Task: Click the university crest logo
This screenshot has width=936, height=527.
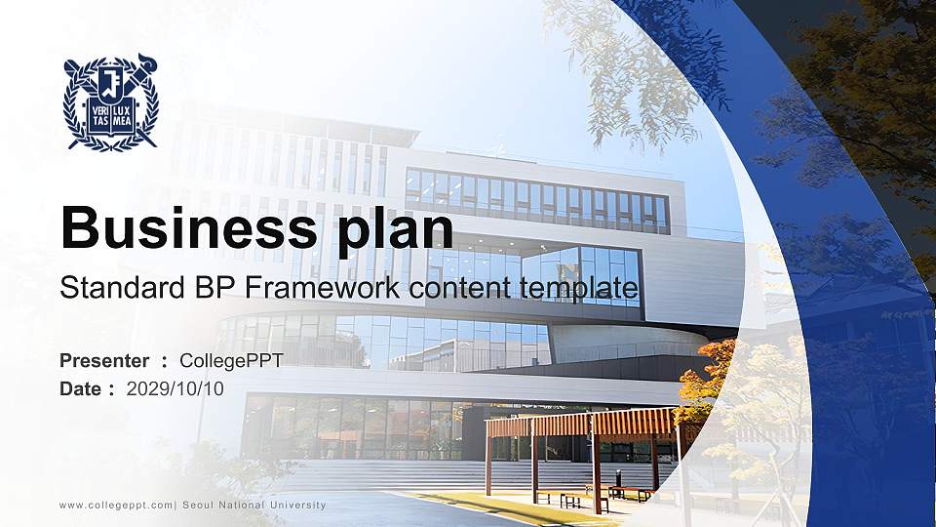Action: tap(110, 101)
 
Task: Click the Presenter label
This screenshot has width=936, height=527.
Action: tap(104, 361)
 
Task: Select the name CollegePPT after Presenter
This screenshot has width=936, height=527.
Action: tap(232, 361)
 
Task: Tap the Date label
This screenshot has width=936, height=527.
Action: tap(81, 388)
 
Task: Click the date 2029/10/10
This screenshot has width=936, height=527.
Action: tap(175, 388)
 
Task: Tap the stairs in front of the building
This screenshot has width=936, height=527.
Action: tap(390, 476)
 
